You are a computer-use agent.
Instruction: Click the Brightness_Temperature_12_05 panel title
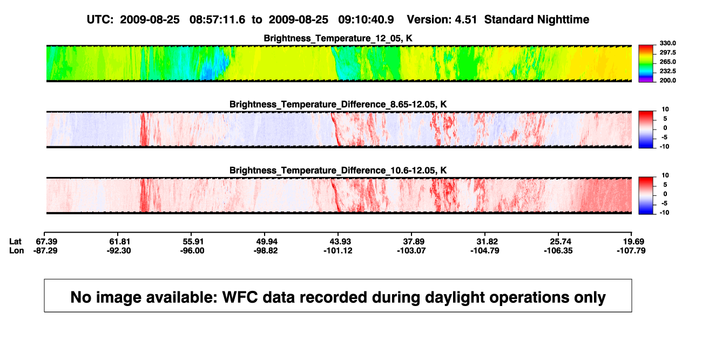pyautogui.click(x=338, y=38)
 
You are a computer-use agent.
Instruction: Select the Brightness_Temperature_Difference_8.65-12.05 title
pyautogui.click(x=338, y=104)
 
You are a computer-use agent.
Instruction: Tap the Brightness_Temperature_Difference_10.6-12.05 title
pyautogui.click(x=338, y=171)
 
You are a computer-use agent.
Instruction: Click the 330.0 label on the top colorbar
pyautogui.click(x=667, y=43)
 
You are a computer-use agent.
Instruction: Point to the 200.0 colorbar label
pyautogui.click(x=667, y=80)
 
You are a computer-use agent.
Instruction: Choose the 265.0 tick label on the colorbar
pyautogui.click(x=667, y=62)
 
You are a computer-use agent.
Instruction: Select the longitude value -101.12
pyautogui.click(x=338, y=250)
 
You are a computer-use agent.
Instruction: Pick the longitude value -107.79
pyautogui.click(x=631, y=250)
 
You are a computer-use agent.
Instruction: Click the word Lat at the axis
pyautogui.click(x=15, y=242)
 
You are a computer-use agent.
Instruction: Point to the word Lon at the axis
pyautogui.click(x=17, y=250)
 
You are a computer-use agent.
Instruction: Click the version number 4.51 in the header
pyautogui.click(x=465, y=20)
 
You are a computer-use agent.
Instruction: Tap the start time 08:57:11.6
pyautogui.click(x=217, y=20)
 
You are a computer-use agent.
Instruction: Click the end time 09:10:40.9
pyautogui.click(x=366, y=20)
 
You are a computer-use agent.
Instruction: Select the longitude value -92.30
pyautogui.click(x=118, y=250)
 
